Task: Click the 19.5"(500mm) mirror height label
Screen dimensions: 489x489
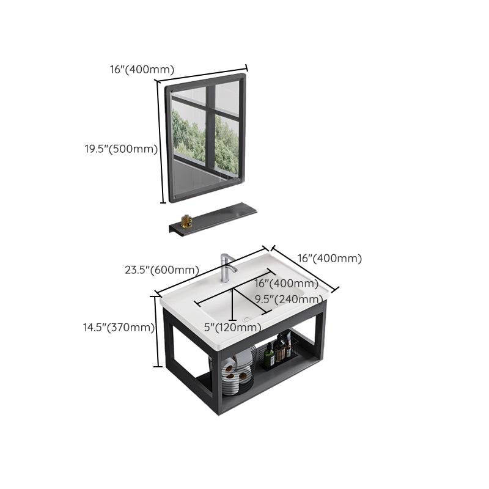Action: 121,149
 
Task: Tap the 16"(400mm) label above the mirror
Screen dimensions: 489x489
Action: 142,69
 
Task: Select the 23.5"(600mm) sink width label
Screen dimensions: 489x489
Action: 162,270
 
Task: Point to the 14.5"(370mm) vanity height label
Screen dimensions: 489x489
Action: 119,328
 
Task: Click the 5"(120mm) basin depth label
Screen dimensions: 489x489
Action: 233,327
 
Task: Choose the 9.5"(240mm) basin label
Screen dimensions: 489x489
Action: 289,299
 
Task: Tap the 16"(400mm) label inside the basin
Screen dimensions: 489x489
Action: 286,283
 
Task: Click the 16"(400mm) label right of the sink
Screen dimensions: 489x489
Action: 329,258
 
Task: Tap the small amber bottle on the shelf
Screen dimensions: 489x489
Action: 186,221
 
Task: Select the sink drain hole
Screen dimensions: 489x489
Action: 248,319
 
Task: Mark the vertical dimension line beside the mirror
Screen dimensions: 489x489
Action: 160,142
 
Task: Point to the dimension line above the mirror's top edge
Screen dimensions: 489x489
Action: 202,75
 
